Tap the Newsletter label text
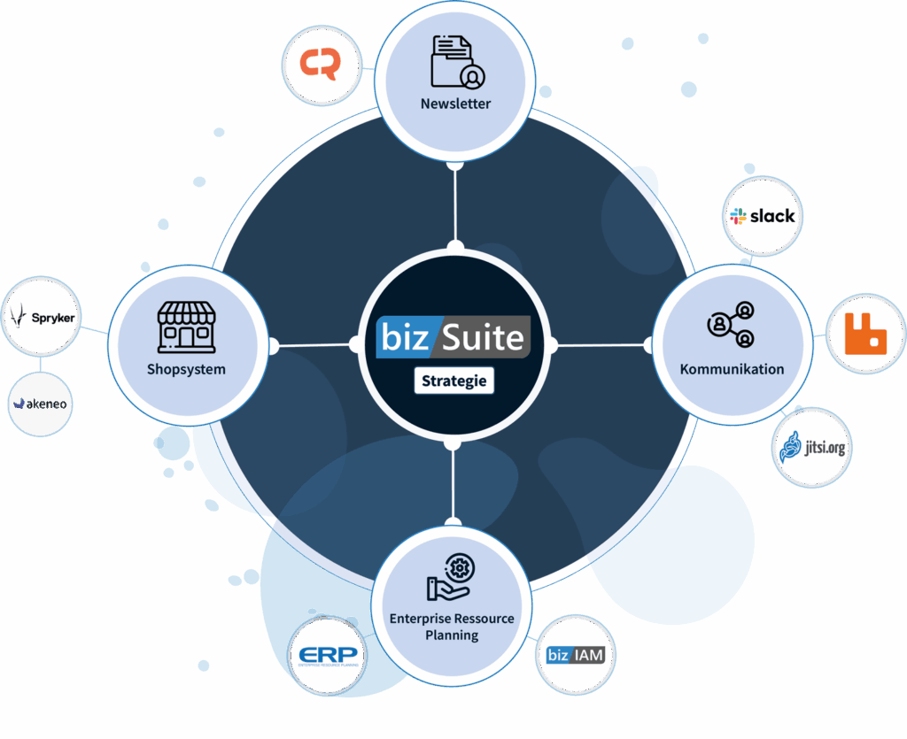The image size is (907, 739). pos(455,104)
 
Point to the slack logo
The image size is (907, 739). pos(762,216)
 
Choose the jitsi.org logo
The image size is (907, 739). pos(812,447)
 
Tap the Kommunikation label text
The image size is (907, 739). pos(732,369)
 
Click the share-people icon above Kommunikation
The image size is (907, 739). pos(733,325)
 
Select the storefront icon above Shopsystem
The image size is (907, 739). pos(186,327)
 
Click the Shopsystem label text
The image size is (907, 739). pos(186,369)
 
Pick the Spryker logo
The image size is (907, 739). pos(42,316)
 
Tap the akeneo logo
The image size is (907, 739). pos(40,404)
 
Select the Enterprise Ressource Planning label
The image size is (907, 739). pos(452,627)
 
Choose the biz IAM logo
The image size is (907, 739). pos(577,656)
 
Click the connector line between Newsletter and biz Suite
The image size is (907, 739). pos(455,204)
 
